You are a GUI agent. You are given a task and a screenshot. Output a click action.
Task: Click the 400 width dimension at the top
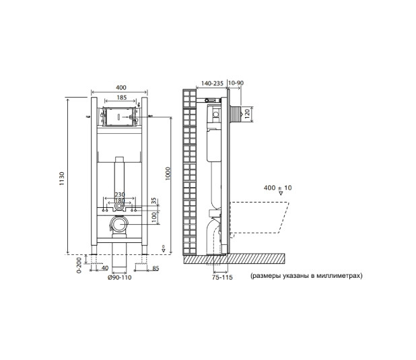120,87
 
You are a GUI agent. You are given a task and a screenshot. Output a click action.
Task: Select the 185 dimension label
122,98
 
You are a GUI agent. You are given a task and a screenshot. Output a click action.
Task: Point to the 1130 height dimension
61,178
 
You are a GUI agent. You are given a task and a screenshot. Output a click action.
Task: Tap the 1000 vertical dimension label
168,174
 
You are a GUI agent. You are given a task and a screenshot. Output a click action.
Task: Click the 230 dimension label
120,194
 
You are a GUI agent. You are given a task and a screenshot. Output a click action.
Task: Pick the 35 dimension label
154,202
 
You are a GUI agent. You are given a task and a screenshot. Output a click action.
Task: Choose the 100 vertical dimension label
154,217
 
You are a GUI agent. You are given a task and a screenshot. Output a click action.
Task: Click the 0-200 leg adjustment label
79,266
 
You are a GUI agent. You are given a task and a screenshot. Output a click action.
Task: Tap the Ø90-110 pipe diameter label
119,277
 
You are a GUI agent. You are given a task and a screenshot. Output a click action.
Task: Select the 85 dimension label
155,268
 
